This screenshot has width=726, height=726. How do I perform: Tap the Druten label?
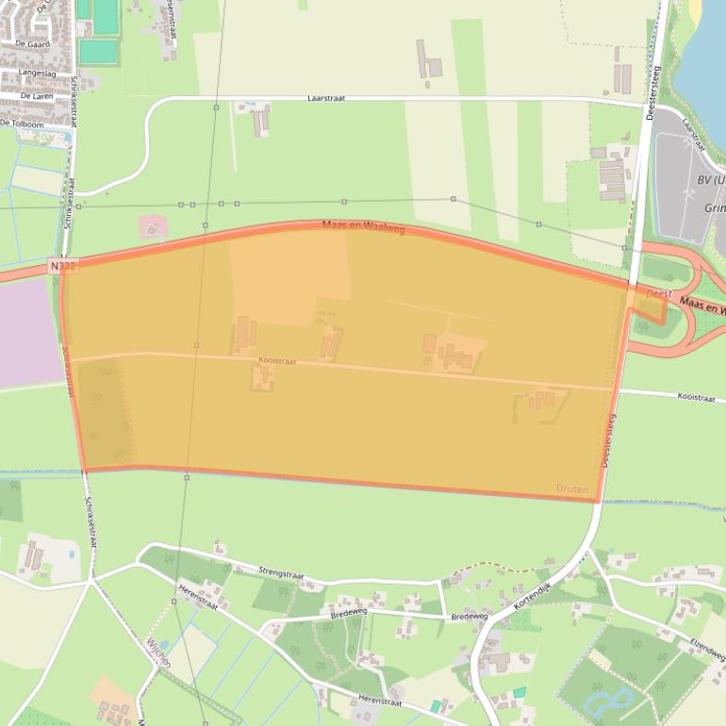(572, 489)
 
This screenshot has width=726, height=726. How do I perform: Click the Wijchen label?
(157, 651)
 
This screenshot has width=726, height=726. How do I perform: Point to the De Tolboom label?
(22, 124)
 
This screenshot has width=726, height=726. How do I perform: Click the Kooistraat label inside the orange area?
(276, 360)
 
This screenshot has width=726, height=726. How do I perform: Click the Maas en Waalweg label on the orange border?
(363, 226)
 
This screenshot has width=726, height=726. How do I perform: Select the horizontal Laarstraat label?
(326, 98)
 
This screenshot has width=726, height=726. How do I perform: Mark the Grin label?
(714, 207)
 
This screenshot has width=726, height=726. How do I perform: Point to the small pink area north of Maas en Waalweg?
(152, 227)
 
